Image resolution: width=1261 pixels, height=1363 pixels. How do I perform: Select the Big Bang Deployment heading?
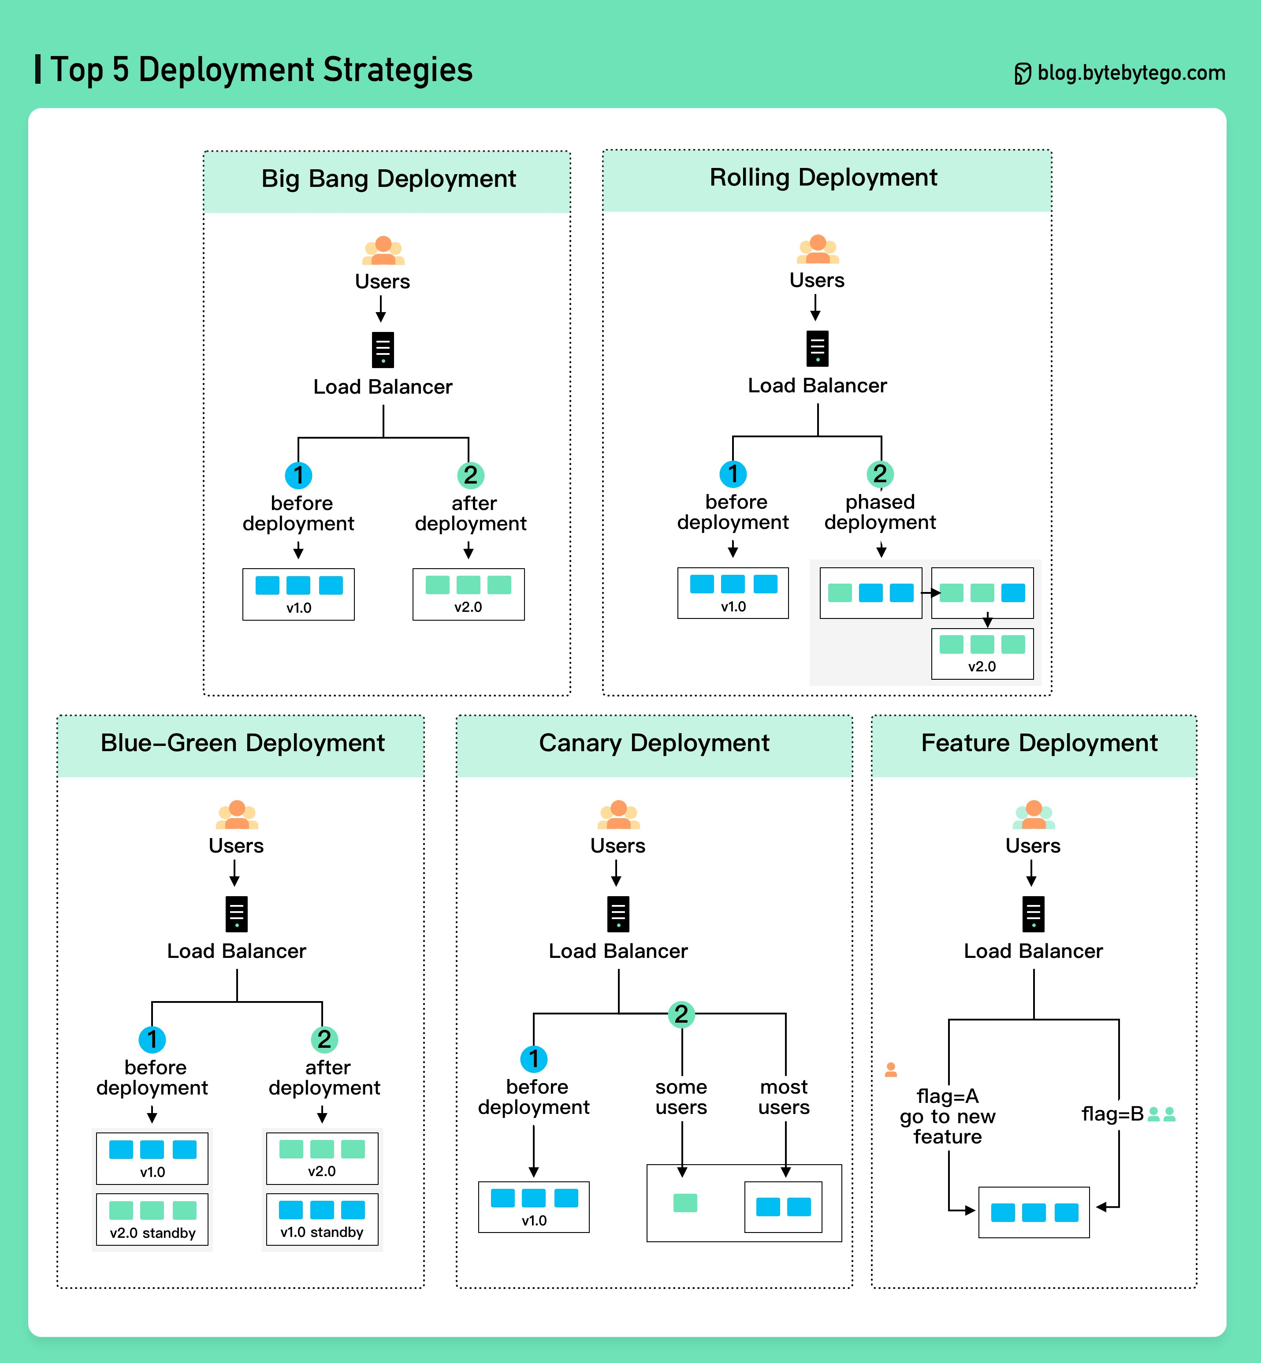(x=388, y=179)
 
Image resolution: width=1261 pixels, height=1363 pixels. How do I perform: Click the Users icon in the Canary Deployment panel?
(x=618, y=814)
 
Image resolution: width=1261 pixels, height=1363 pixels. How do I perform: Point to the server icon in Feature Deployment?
(x=1033, y=914)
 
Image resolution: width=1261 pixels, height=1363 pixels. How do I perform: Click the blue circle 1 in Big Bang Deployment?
(x=298, y=475)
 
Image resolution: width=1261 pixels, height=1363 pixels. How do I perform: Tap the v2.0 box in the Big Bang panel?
(x=468, y=594)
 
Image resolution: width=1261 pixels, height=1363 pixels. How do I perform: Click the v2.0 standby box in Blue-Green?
(x=152, y=1219)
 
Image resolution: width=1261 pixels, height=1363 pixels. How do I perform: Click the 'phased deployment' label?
(x=880, y=512)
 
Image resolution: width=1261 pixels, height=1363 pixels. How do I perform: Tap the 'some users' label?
(x=681, y=1097)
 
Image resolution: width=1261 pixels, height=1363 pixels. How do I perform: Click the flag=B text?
(x=1112, y=1114)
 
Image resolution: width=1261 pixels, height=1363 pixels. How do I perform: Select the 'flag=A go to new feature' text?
(x=947, y=1116)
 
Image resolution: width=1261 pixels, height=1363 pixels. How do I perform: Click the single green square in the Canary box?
(x=685, y=1203)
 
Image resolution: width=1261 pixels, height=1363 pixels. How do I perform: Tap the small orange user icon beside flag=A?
(x=890, y=1069)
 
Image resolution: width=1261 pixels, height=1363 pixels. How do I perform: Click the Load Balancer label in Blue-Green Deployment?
(x=237, y=951)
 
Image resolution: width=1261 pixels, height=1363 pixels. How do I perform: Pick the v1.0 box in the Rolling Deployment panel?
(x=733, y=592)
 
